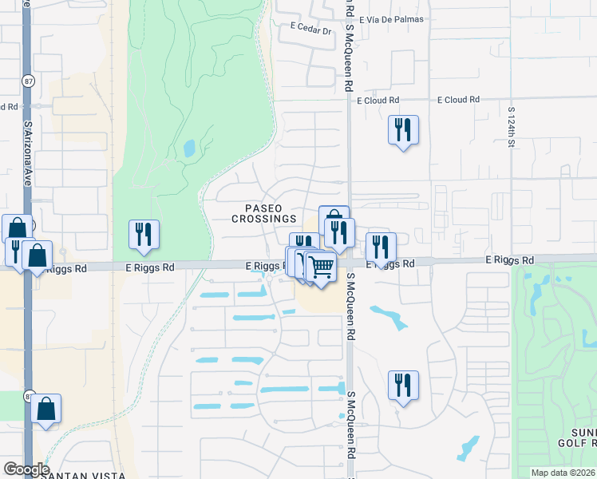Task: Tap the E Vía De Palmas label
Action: tap(391, 18)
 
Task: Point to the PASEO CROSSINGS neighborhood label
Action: tap(264, 213)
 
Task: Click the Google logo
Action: tap(26, 469)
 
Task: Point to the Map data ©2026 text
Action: tap(563, 473)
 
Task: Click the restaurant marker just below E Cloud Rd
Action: tap(403, 129)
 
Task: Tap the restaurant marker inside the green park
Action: tap(144, 233)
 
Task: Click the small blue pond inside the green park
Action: tap(189, 148)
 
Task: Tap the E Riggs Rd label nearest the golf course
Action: tap(510, 261)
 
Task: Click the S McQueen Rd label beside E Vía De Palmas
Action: tap(349, 48)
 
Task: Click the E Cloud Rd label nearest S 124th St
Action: tap(458, 100)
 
